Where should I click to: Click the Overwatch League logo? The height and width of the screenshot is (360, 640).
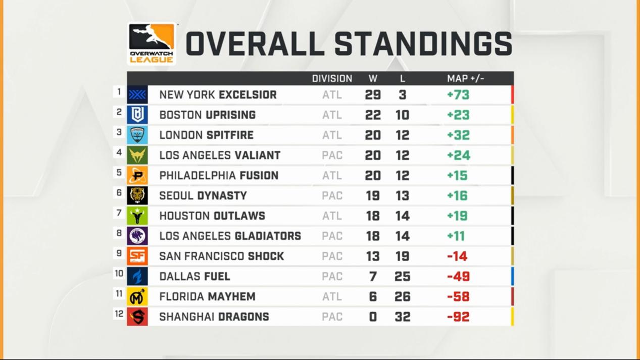point(152,43)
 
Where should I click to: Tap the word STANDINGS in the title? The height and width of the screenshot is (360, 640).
point(423,44)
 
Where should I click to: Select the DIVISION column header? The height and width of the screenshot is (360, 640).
point(332,79)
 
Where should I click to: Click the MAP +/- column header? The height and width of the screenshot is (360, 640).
point(465,79)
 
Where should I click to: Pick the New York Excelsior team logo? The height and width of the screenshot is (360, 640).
point(137,95)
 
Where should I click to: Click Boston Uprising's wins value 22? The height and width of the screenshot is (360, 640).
point(373,115)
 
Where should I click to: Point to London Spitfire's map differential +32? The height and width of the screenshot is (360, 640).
point(458,135)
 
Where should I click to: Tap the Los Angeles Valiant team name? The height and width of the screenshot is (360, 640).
point(220,156)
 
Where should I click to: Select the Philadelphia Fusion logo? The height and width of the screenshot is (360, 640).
point(137,176)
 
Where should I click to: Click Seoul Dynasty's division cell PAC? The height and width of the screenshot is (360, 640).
point(332,196)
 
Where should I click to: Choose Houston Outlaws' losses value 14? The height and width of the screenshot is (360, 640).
point(402,216)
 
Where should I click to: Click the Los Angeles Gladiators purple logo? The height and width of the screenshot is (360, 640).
point(137,236)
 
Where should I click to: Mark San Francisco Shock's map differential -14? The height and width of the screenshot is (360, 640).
point(457,256)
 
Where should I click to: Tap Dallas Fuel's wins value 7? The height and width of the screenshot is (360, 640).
point(373,277)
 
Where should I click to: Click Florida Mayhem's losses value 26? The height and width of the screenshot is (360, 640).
point(402,297)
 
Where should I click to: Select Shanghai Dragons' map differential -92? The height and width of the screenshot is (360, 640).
point(458,317)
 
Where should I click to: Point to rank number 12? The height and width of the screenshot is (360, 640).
point(119,314)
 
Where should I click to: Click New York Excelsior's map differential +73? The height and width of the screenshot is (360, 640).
point(458,95)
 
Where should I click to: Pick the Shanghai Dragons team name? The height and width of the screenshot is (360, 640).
point(214,317)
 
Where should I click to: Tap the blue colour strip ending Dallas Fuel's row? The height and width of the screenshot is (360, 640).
point(512,277)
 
